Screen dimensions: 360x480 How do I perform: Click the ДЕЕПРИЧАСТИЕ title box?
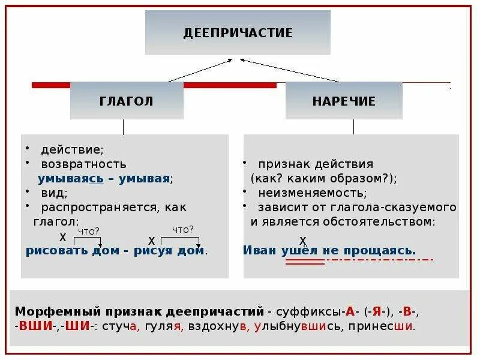[x=238, y=32]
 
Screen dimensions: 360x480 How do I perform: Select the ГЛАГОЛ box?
[x=127, y=101]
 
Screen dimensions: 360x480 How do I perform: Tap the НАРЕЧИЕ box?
[x=344, y=101]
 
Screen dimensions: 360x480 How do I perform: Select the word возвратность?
[x=83, y=163]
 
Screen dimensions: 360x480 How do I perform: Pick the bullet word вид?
[x=53, y=193]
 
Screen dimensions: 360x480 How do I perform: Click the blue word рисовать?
[x=56, y=251]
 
